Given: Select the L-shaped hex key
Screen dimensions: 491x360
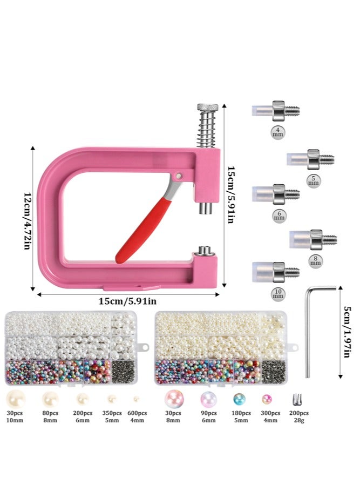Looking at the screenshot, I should (311, 329).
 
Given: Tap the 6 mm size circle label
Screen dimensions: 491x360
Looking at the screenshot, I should (279, 215).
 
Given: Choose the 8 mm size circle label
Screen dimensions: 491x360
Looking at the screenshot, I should (314, 260).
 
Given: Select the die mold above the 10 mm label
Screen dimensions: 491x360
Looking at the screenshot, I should (275, 271).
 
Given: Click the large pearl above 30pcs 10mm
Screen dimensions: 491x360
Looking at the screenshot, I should (15, 400).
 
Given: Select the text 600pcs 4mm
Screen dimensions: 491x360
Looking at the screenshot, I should (136, 417).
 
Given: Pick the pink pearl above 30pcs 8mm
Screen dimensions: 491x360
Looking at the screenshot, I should (173, 400).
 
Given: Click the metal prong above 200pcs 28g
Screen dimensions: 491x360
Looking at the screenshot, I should (295, 400).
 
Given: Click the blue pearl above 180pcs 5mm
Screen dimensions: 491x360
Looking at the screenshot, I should (238, 400).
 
